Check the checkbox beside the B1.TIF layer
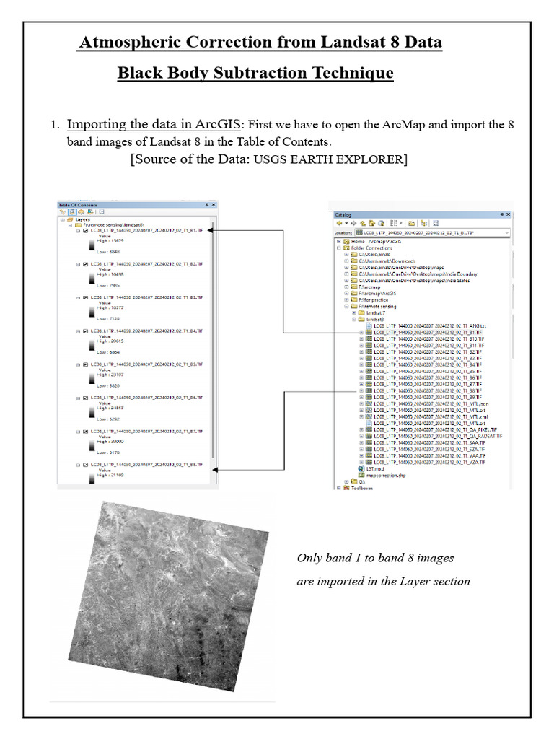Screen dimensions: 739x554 click(x=86, y=231)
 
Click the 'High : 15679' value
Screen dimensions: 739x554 click(x=111, y=240)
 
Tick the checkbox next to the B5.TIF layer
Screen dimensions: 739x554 click(x=86, y=364)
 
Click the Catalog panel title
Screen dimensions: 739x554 click(x=344, y=214)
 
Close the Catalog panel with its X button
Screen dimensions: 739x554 click(x=507, y=214)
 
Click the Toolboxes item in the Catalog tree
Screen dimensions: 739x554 click(x=362, y=488)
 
